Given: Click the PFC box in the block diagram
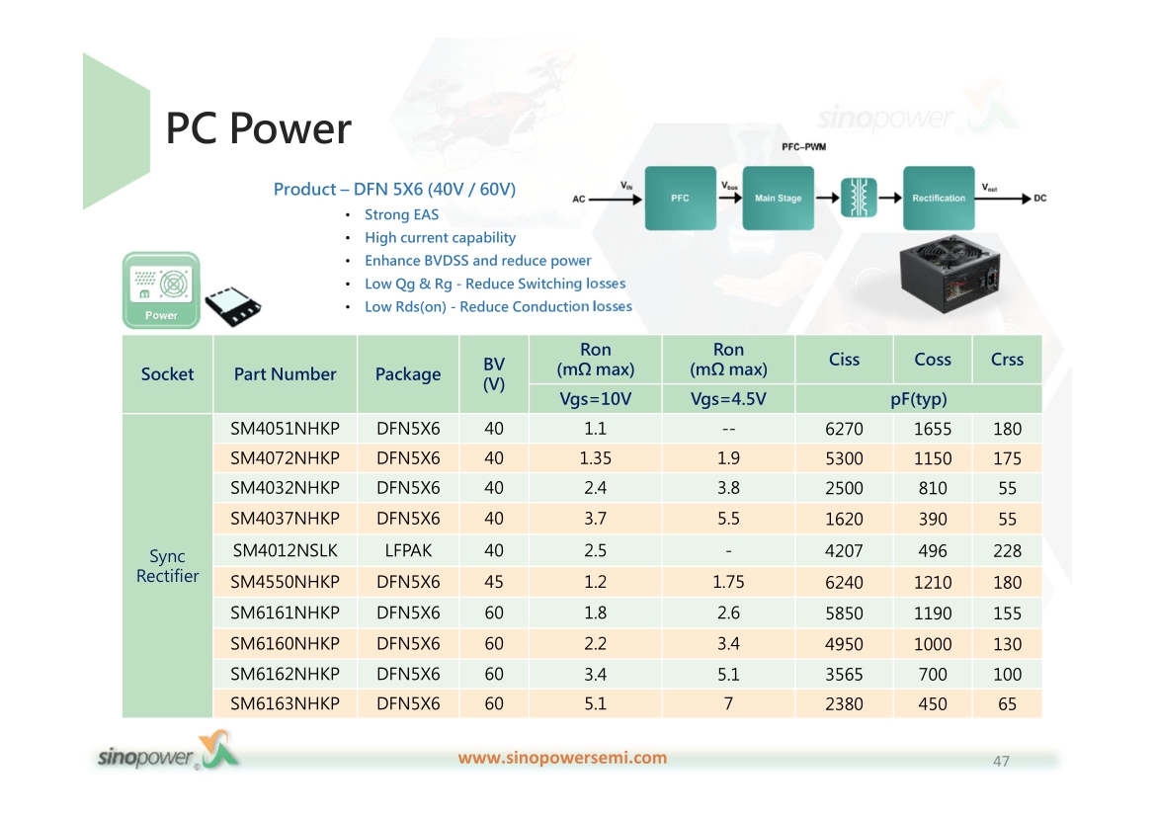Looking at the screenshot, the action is point(680,198).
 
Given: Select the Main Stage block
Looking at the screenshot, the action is point(778,198).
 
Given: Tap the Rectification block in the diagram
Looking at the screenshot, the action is point(939,198).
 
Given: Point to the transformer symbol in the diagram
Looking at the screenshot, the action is point(859,198).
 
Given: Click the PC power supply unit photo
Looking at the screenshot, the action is point(950,274).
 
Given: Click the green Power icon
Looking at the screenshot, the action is point(161,289).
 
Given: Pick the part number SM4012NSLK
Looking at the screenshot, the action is point(286,550).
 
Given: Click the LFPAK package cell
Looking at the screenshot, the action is point(408,550).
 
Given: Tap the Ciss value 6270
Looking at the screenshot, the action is point(844,429).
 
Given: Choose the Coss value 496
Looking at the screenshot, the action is point(933,551).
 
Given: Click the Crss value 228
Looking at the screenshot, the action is point(1007,551).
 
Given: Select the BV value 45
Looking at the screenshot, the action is point(494,582).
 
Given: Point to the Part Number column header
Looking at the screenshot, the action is point(286,373).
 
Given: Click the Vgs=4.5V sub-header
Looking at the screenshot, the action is point(728,399).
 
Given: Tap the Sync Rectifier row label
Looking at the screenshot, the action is point(167,565).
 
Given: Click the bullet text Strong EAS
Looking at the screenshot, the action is point(402,214).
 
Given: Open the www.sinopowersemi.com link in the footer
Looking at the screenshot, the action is point(562,758).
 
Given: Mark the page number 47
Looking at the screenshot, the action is point(1001,761).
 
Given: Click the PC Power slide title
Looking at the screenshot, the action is point(258,128).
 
